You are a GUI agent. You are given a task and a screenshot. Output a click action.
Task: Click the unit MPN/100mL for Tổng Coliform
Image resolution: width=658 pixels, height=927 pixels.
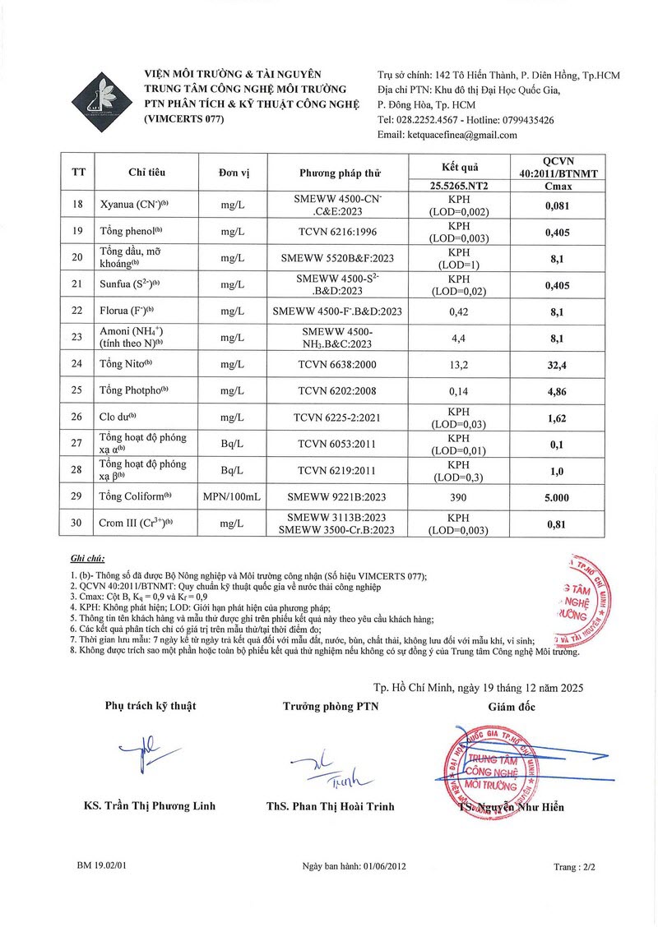coord(231,496)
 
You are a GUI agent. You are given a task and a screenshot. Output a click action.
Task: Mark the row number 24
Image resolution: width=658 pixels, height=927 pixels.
coord(78,363)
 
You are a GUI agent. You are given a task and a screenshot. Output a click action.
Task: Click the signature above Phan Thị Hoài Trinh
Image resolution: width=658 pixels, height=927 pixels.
coord(329,768)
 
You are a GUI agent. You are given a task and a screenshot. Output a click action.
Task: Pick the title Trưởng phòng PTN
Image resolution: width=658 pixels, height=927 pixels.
coord(331,706)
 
